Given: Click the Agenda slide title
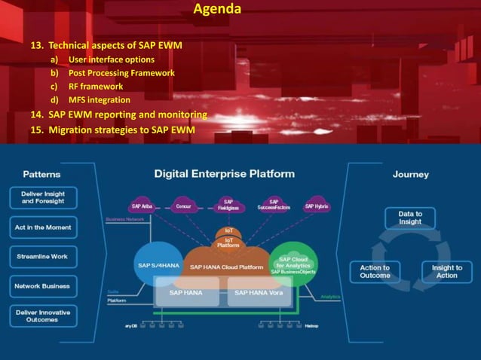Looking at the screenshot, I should pos(217,10).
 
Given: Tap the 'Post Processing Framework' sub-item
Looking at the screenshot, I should pos(121,73).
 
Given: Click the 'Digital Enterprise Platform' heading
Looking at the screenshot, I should pos(225,174).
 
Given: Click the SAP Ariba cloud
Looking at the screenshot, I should pos(142,206).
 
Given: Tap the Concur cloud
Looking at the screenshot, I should pos(182,206).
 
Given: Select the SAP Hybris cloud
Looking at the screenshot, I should pos(316,206).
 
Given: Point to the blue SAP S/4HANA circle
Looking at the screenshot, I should pos(157,264).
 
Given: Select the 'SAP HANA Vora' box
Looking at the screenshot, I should pos(259,292).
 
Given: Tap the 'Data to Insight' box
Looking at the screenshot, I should pos(409,218).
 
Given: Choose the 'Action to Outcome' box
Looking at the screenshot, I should pos(375,272).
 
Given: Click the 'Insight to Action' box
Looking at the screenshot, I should pos(446,272).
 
